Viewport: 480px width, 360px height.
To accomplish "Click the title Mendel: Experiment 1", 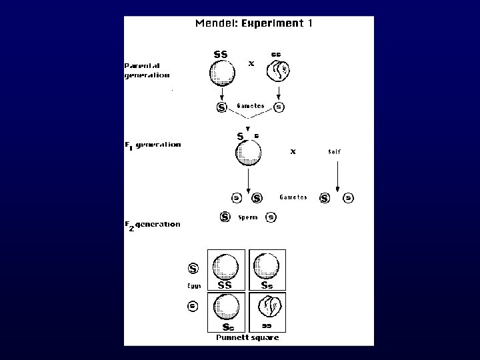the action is point(254,23).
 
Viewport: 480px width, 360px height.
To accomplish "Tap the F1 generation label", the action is point(153,145).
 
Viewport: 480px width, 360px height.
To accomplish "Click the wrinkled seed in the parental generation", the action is point(278,71).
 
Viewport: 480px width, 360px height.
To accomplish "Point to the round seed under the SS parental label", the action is point(222,73).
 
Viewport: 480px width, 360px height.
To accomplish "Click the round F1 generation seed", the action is point(248,153).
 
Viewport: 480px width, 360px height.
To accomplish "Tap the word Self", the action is point(334,151).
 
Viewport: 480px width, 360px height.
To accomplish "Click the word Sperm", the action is point(248,217).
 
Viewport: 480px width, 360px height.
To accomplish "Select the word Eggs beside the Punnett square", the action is point(194,287).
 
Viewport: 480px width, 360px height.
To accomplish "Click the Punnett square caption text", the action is point(247,337).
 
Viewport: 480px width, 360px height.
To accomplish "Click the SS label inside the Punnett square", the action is point(225,284).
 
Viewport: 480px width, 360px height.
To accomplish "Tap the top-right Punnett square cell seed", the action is point(267,267).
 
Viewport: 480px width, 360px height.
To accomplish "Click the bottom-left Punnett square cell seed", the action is point(227,309).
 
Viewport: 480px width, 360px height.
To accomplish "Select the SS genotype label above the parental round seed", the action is point(220,54).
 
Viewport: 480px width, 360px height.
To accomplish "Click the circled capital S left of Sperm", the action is point(225,217).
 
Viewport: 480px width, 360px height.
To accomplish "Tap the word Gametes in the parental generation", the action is point(251,106).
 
